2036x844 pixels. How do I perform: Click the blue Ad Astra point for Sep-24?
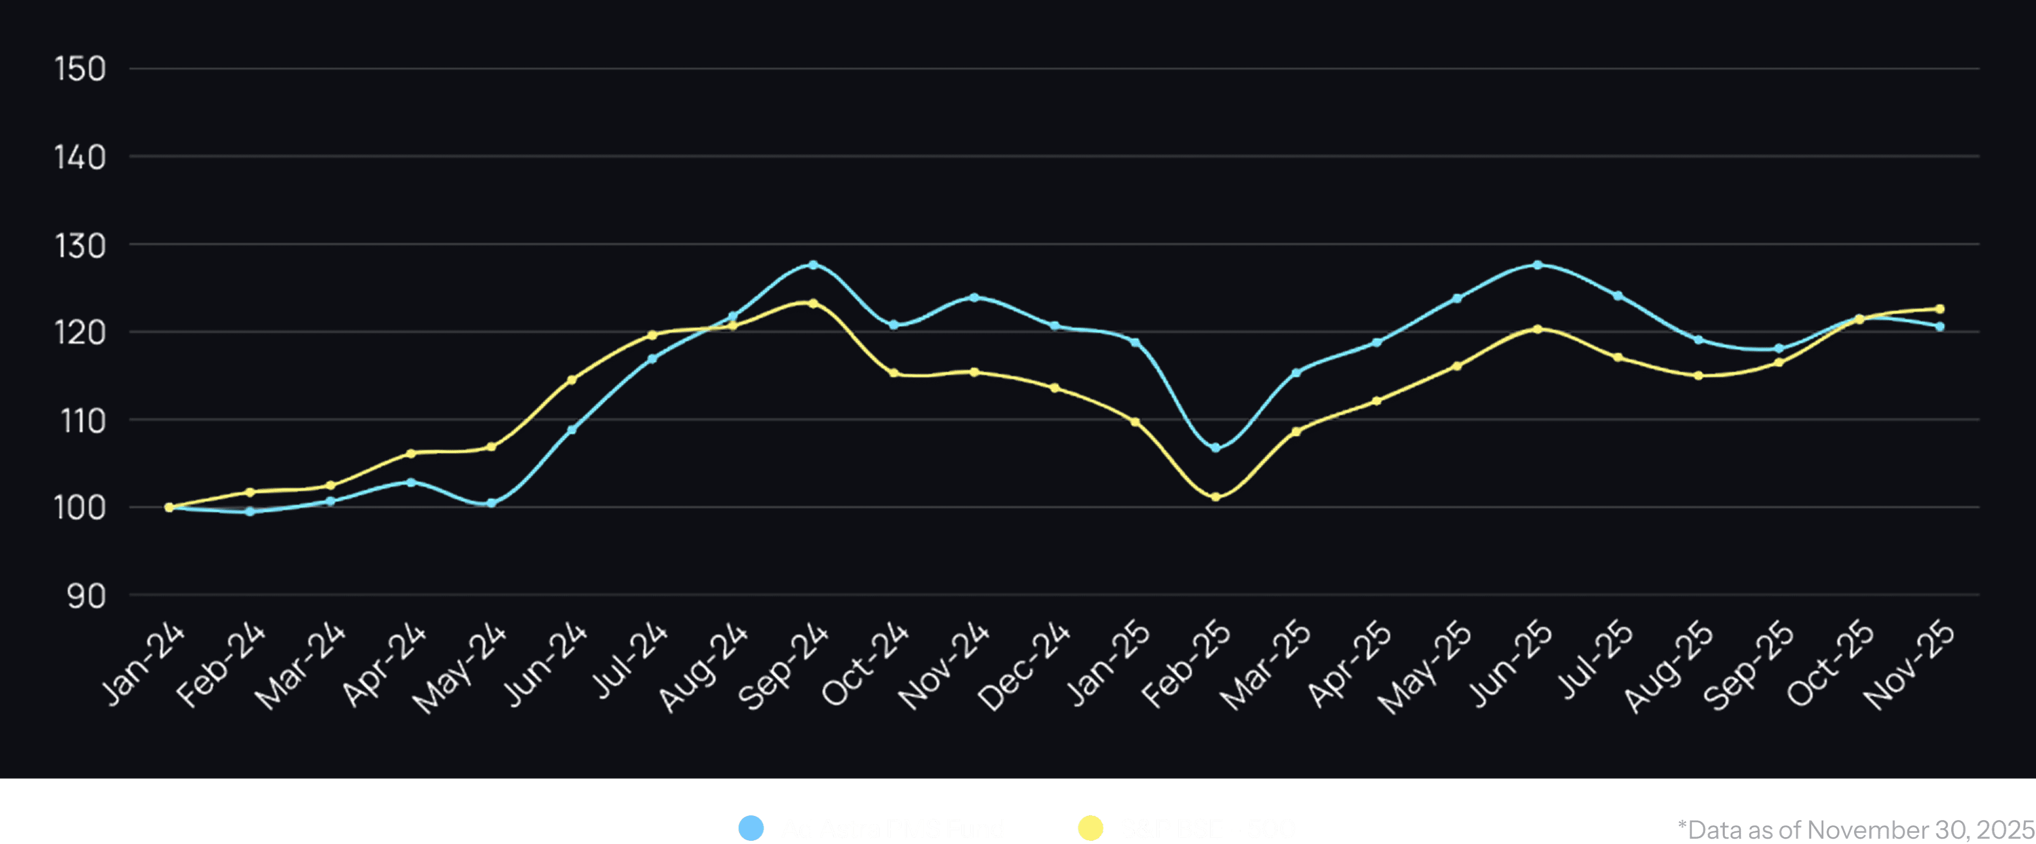[x=813, y=265]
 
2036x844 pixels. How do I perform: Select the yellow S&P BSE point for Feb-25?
[x=1216, y=497]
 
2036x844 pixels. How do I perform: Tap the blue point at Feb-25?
[x=1216, y=448]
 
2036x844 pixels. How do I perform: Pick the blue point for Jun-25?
[x=1537, y=265]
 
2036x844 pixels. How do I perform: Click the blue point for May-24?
[x=492, y=503]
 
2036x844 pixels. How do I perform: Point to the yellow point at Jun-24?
[x=572, y=380]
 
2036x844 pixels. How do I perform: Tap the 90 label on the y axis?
[x=86, y=596]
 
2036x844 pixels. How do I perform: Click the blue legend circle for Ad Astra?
[x=751, y=828]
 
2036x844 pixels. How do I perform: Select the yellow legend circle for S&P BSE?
[x=1091, y=828]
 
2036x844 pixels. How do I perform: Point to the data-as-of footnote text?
[x=1855, y=829]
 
